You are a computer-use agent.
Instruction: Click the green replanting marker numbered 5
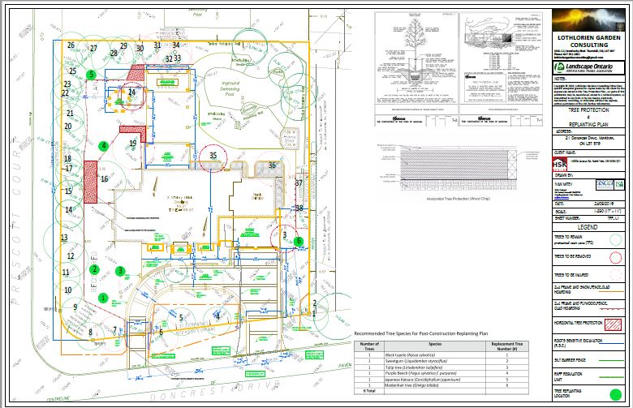[92, 74]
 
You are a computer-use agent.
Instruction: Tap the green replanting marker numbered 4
[103, 146]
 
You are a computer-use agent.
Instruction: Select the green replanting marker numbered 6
[299, 241]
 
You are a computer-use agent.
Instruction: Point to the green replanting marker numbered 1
[103, 297]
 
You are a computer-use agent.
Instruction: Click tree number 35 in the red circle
[213, 154]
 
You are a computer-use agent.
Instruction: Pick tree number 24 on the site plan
[131, 93]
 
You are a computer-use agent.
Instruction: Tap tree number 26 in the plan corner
[71, 46]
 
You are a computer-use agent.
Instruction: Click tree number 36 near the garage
[273, 165]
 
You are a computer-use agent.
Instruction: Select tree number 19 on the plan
[132, 144]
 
